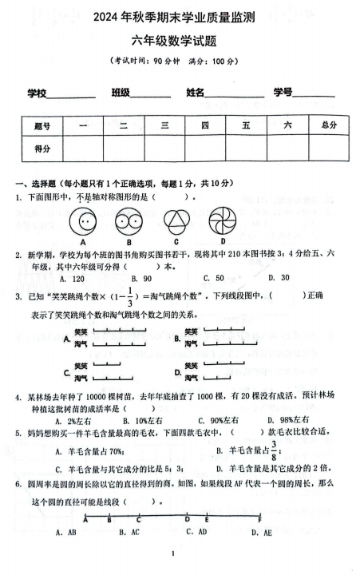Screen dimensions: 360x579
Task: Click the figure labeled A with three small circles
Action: click(84, 221)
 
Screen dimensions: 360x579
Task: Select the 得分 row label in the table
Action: click(42, 149)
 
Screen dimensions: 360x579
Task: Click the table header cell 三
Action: click(164, 126)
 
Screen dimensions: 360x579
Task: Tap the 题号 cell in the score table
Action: click(42, 126)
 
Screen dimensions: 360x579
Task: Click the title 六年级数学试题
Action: click(180, 46)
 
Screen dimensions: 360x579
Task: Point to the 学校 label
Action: click(38, 93)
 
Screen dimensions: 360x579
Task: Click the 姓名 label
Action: click(196, 93)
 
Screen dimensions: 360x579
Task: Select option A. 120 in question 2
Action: click(73, 279)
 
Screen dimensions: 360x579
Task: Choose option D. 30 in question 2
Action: click(279, 278)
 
